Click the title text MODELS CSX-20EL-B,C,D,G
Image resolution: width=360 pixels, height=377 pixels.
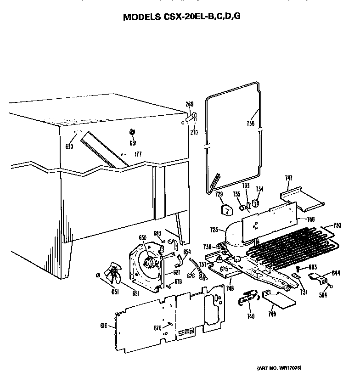181,17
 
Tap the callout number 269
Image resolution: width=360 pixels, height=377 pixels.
190,104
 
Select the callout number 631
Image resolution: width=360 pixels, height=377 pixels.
133,142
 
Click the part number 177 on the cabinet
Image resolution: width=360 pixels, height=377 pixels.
137,154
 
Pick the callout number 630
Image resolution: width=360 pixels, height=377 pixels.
69,147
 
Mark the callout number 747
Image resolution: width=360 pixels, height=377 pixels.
288,178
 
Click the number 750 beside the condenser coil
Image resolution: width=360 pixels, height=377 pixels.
337,225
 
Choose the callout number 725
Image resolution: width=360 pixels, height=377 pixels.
214,229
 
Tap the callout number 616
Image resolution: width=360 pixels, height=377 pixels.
104,326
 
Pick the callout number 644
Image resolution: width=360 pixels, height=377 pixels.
336,273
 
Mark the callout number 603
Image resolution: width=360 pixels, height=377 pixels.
313,267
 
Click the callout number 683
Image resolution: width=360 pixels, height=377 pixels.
157,234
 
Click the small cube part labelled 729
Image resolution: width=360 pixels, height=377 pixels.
225,209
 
